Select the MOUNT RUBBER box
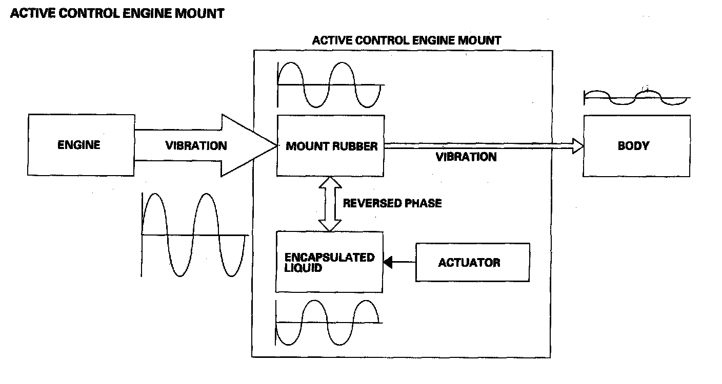pos(331,146)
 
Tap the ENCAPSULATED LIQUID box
pos(329,262)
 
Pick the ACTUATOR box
pos(472,263)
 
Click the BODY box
pos(636,146)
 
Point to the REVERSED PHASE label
pos(392,203)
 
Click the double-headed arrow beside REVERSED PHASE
pos(330,203)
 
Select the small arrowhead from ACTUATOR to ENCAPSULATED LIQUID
pos(389,263)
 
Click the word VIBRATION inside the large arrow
pos(196,146)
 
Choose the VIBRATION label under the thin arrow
pos(466,157)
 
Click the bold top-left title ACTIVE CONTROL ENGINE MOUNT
pos(117,14)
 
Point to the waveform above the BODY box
pos(636,97)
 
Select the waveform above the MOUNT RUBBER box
pos(329,84)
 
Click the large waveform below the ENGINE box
pos(194,234)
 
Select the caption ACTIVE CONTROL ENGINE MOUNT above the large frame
pos(406,40)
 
